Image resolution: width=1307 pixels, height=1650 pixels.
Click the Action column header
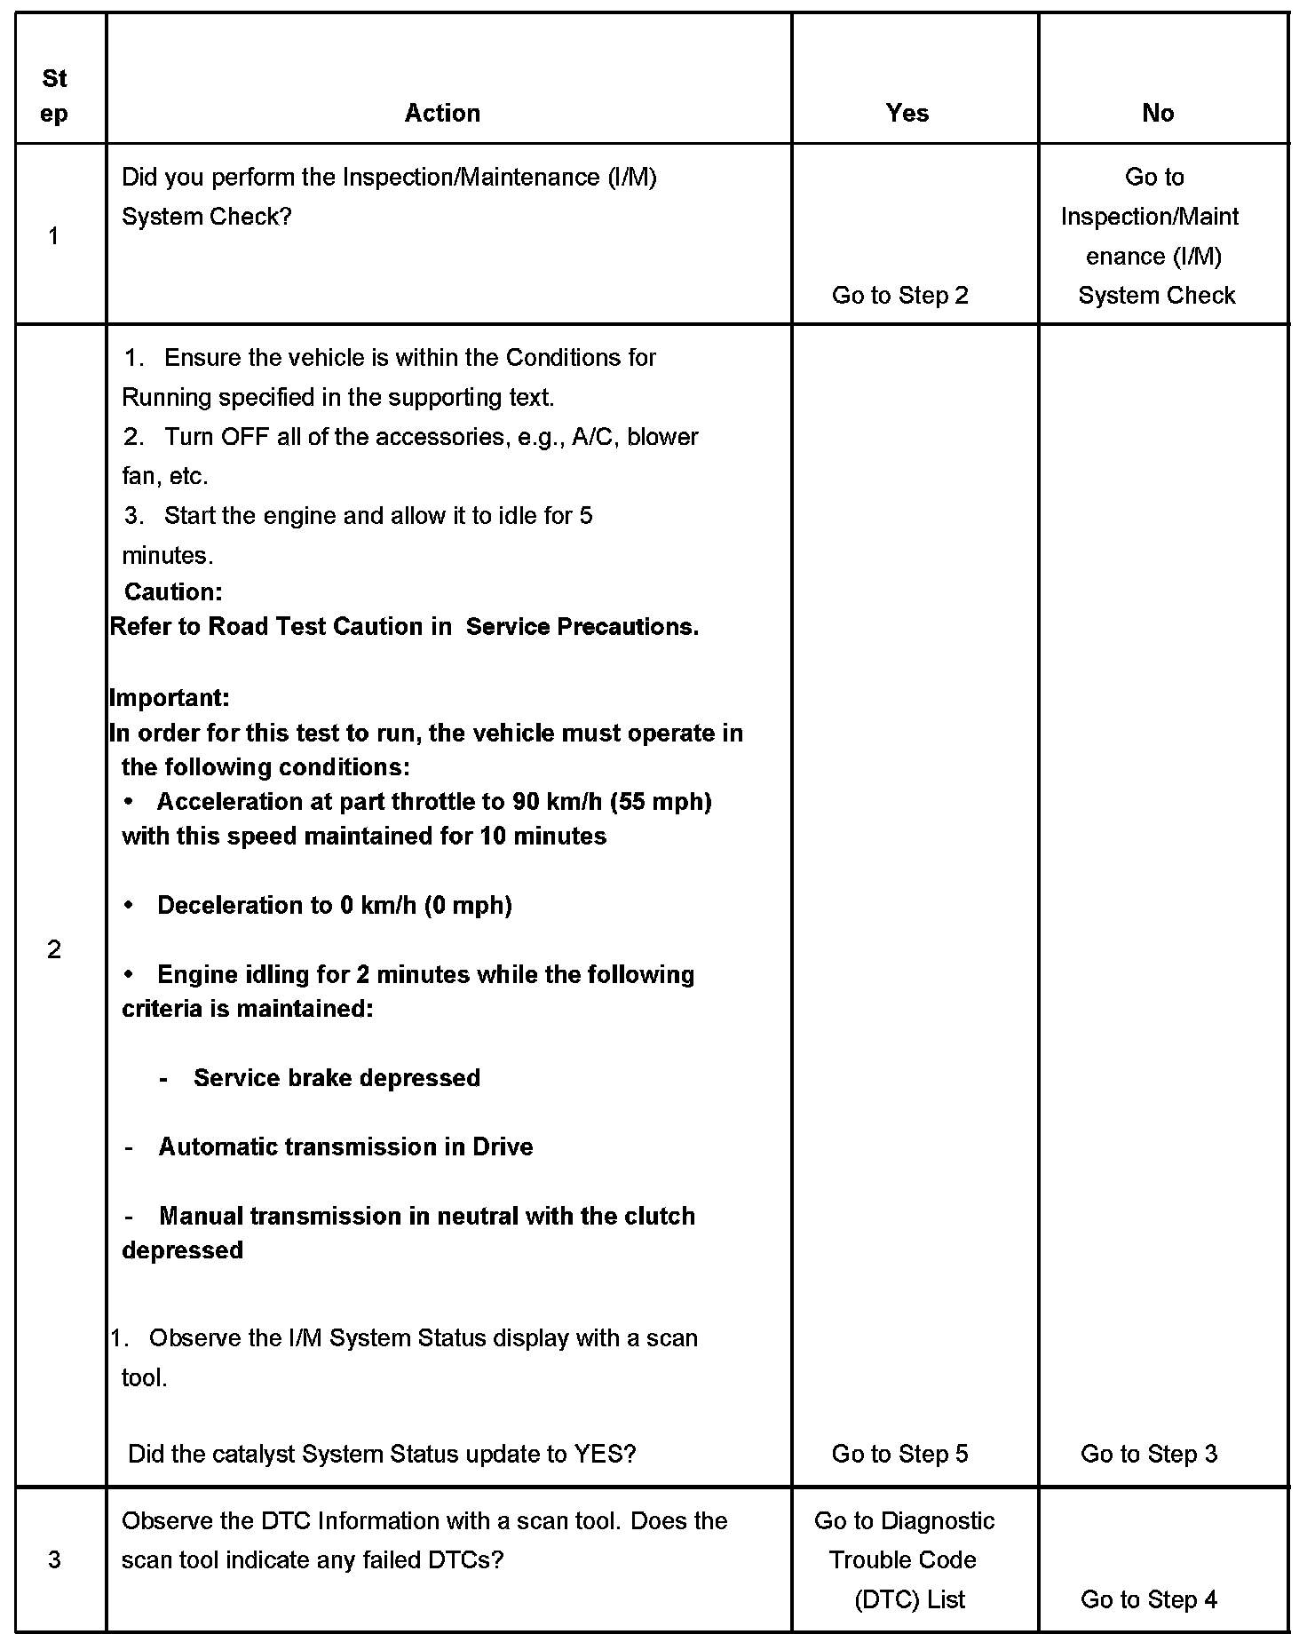[x=442, y=113]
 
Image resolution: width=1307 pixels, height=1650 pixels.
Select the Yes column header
[x=907, y=113]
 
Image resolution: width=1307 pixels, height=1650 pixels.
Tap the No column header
[x=1158, y=113]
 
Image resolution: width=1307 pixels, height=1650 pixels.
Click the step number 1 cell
[x=54, y=235]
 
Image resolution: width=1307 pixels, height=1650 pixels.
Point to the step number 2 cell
[x=54, y=949]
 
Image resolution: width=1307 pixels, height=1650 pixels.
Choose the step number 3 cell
[x=54, y=1559]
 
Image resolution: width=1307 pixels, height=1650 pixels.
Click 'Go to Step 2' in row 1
[x=899, y=296]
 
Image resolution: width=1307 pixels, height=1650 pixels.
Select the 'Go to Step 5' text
[x=899, y=1454]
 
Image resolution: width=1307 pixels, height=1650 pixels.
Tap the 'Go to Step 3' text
[x=1148, y=1454]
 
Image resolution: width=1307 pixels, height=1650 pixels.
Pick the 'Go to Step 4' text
[x=1148, y=1599]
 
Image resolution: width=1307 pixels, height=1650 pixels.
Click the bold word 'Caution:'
[x=173, y=591]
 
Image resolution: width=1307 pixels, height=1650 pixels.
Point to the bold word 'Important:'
[x=170, y=697]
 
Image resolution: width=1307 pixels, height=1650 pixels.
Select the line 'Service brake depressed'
[x=337, y=1077]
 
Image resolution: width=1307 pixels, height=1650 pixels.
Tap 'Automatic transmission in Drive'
[x=345, y=1146]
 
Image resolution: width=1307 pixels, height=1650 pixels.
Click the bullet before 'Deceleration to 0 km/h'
[x=130, y=905]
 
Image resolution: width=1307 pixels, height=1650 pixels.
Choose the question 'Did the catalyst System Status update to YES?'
[x=382, y=1454]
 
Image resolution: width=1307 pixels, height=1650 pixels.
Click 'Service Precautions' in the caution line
[x=581, y=626]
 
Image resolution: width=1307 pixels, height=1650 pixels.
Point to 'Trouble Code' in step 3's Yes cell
[x=902, y=1559]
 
